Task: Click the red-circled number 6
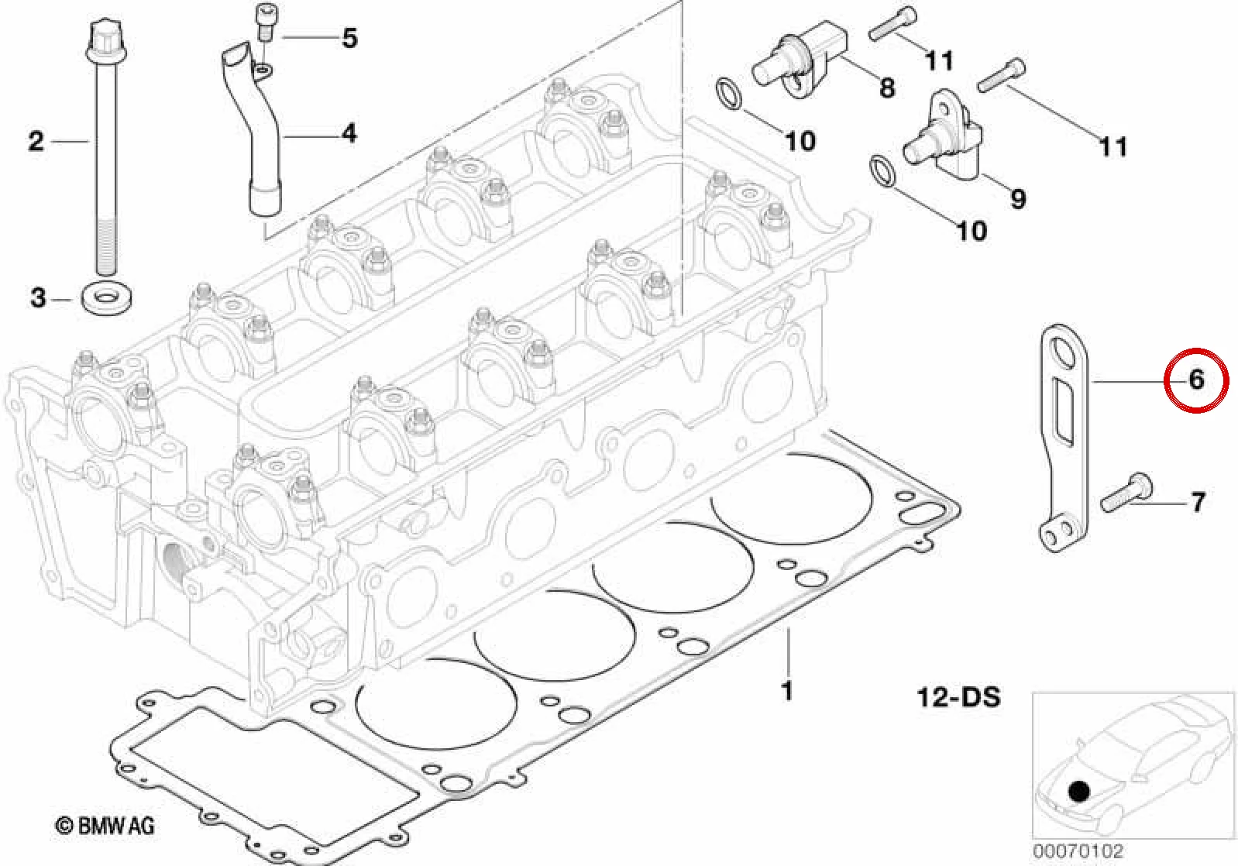[1196, 380]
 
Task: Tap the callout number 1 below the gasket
[787, 691]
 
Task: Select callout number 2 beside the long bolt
[36, 141]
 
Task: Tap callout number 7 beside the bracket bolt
[1198, 503]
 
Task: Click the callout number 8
[886, 88]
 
